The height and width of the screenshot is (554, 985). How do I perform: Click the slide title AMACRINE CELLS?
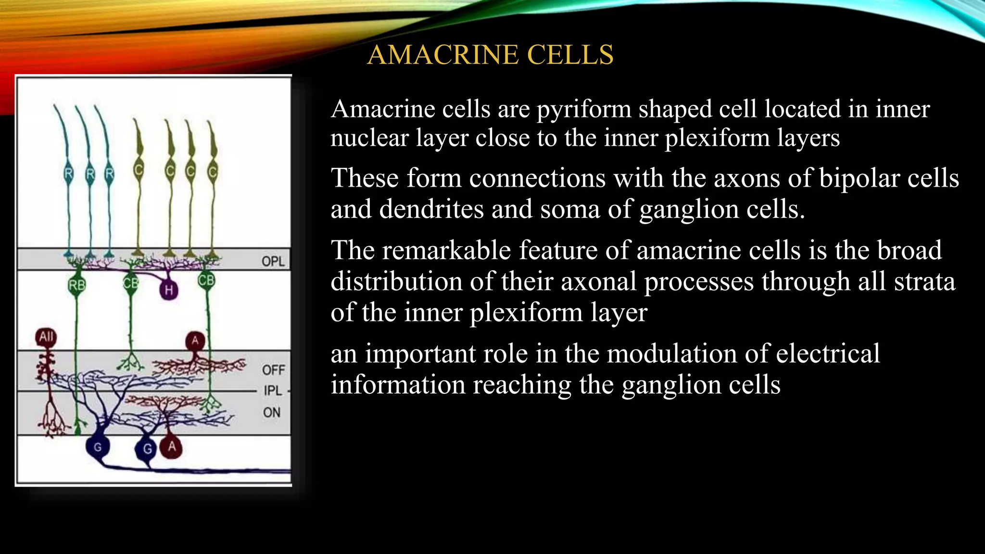click(x=490, y=54)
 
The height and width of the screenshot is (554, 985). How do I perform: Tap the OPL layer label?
click(x=273, y=261)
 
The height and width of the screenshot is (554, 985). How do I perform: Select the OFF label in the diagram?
click(x=274, y=370)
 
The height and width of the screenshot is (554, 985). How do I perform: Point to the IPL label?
click(x=273, y=390)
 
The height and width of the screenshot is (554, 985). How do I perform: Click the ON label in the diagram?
click(x=272, y=412)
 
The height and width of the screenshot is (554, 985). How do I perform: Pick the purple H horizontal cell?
click(x=168, y=290)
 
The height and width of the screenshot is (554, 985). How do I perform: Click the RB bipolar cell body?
click(x=77, y=285)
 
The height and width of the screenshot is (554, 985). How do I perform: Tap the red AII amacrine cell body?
click(x=46, y=337)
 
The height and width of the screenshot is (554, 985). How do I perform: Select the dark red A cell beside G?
click(x=172, y=447)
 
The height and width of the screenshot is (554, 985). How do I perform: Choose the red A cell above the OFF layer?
click(x=195, y=341)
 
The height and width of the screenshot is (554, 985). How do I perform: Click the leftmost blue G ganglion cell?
click(x=98, y=447)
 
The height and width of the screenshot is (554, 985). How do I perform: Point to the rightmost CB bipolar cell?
click(x=206, y=280)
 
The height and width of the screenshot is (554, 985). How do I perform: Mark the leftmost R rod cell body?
click(x=68, y=173)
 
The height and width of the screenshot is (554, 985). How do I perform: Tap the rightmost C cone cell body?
click(x=213, y=171)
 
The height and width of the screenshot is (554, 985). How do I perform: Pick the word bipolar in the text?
click(x=859, y=178)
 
